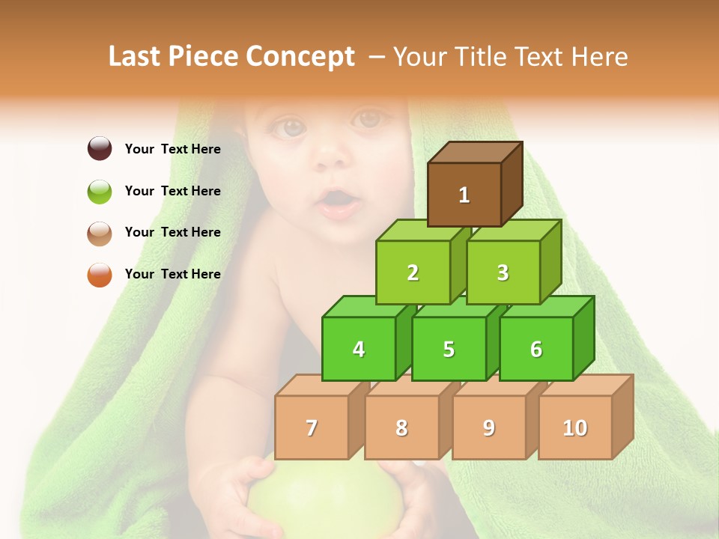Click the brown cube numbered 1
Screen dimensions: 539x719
coord(464,195)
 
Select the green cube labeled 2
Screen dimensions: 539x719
coord(413,272)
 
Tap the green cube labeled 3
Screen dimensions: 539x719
coord(503,272)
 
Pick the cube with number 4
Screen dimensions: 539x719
coord(359,349)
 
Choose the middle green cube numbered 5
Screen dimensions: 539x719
coord(449,349)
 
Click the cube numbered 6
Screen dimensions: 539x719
coord(536,349)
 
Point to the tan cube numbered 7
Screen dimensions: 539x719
coord(312,427)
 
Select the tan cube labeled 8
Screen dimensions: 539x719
coord(401,427)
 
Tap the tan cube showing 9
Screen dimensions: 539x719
coord(489,427)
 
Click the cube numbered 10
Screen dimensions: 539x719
coord(575,427)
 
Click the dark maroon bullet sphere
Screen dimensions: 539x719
coord(100,148)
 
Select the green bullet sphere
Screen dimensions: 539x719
coord(100,191)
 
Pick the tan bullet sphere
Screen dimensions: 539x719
coord(100,233)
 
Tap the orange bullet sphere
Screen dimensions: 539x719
coord(100,275)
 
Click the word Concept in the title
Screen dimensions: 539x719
coord(300,57)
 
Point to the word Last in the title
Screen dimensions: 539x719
coord(136,57)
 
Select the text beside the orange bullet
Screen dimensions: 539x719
coord(173,274)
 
